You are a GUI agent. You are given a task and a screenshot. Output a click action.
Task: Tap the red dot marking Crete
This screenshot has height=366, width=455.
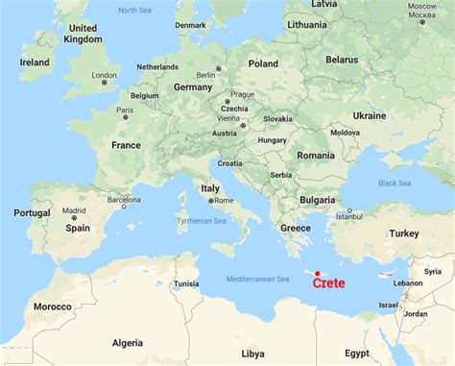(317, 273)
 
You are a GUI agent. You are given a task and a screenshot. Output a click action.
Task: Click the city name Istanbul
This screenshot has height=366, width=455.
(350, 216)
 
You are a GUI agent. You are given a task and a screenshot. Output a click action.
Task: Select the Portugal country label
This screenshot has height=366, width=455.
(32, 212)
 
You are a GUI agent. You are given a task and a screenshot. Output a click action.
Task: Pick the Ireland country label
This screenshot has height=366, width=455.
(35, 61)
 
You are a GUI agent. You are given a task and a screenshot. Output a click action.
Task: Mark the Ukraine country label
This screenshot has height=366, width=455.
(369, 114)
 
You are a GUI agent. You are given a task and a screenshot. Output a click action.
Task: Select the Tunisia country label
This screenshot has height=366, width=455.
(185, 283)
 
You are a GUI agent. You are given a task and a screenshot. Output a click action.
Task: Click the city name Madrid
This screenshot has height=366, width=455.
(75, 210)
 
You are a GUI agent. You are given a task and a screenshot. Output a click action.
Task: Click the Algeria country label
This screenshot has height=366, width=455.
(128, 341)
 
